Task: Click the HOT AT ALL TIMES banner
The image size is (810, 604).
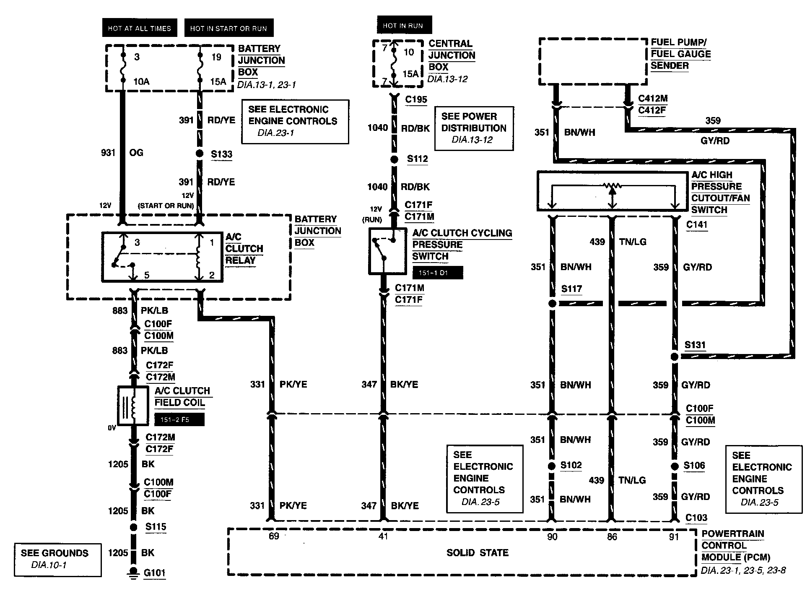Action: click(x=140, y=29)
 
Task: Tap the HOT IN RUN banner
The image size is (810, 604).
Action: click(x=403, y=26)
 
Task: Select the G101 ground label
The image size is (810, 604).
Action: click(x=154, y=573)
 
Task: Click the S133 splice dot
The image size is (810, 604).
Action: click(x=200, y=154)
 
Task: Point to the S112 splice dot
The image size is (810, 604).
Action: click(x=394, y=159)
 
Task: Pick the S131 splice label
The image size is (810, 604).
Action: click(x=695, y=345)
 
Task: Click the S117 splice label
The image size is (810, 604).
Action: click(x=571, y=289)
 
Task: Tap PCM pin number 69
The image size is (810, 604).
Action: click(x=274, y=536)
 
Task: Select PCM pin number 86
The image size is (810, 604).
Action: click(x=612, y=537)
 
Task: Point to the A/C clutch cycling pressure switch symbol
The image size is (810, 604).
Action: click(x=387, y=251)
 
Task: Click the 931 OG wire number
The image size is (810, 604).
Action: click(x=108, y=153)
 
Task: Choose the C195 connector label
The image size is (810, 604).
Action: click(x=416, y=100)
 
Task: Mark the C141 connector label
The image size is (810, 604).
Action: click(x=697, y=225)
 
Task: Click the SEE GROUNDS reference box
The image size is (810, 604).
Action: click(x=57, y=560)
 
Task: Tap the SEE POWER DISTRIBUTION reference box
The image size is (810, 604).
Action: click(x=474, y=128)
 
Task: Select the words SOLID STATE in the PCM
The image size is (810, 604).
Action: click(x=478, y=553)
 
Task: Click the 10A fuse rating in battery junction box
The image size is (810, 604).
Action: click(x=141, y=81)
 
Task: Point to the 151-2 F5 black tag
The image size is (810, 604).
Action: click(x=179, y=419)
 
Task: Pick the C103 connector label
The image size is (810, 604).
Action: click(x=696, y=518)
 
